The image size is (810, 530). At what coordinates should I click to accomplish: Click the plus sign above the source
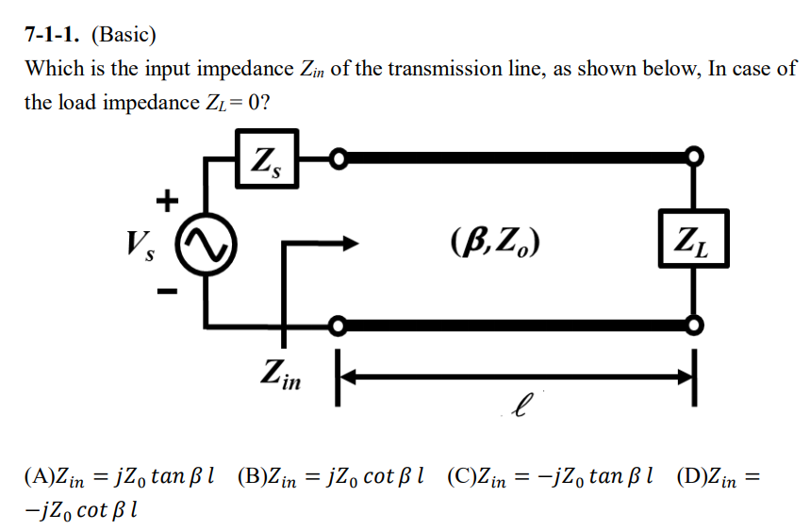(x=167, y=200)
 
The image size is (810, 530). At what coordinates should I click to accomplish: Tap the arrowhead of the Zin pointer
(x=355, y=242)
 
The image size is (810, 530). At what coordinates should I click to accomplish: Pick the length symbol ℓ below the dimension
(x=518, y=409)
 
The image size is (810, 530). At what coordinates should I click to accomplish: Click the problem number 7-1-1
(x=56, y=36)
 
